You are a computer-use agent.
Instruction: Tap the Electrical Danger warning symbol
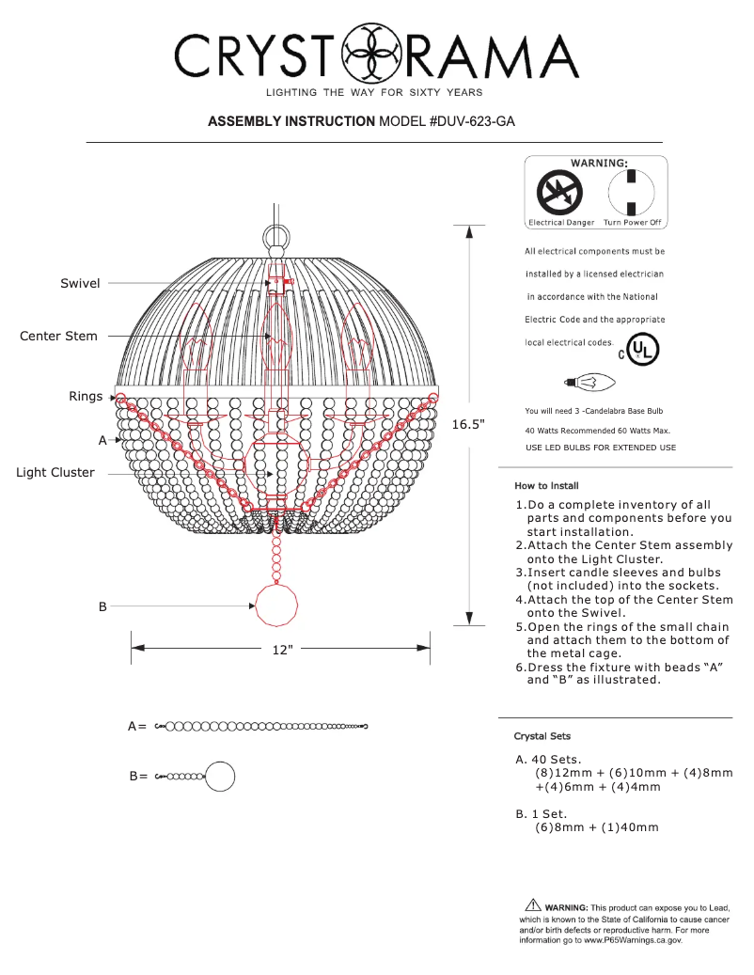point(558,195)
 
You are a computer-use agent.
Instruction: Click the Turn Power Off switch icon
point(632,195)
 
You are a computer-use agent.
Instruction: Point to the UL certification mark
point(642,350)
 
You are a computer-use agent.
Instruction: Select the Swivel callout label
point(80,283)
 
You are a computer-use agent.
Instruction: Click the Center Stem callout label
point(58,336)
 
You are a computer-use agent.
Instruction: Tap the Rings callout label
point(86,397)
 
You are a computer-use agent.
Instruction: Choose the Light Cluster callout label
point(55,472)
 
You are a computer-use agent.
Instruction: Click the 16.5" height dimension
point(468,424)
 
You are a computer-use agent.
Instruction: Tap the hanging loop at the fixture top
point(276,233)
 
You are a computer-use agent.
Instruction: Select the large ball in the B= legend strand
point(220,777)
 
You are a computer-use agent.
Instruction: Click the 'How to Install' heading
point(546,486)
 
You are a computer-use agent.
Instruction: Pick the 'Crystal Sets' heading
point(542,735)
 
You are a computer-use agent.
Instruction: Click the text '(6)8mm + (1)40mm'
point(597,827)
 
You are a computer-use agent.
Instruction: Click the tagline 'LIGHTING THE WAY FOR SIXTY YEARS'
point(374,92)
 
